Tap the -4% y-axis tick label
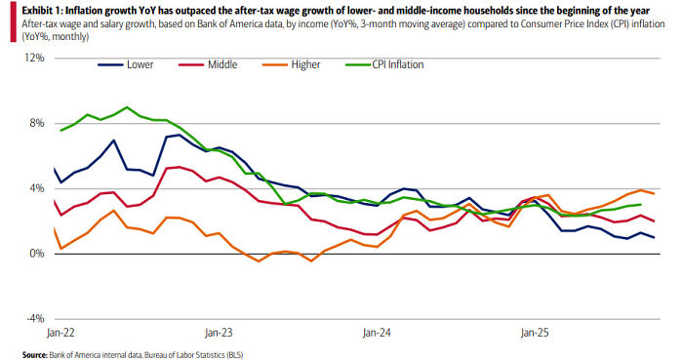pyautogui.click(x=35, y=319)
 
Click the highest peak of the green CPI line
pyautogui.click(x=127, y=107)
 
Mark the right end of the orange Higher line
pyautogui.click(x=654, y=194)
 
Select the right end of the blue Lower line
pyautogui.click(x=654, y=238)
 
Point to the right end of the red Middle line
pyautogui.click(x=654, y=221)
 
